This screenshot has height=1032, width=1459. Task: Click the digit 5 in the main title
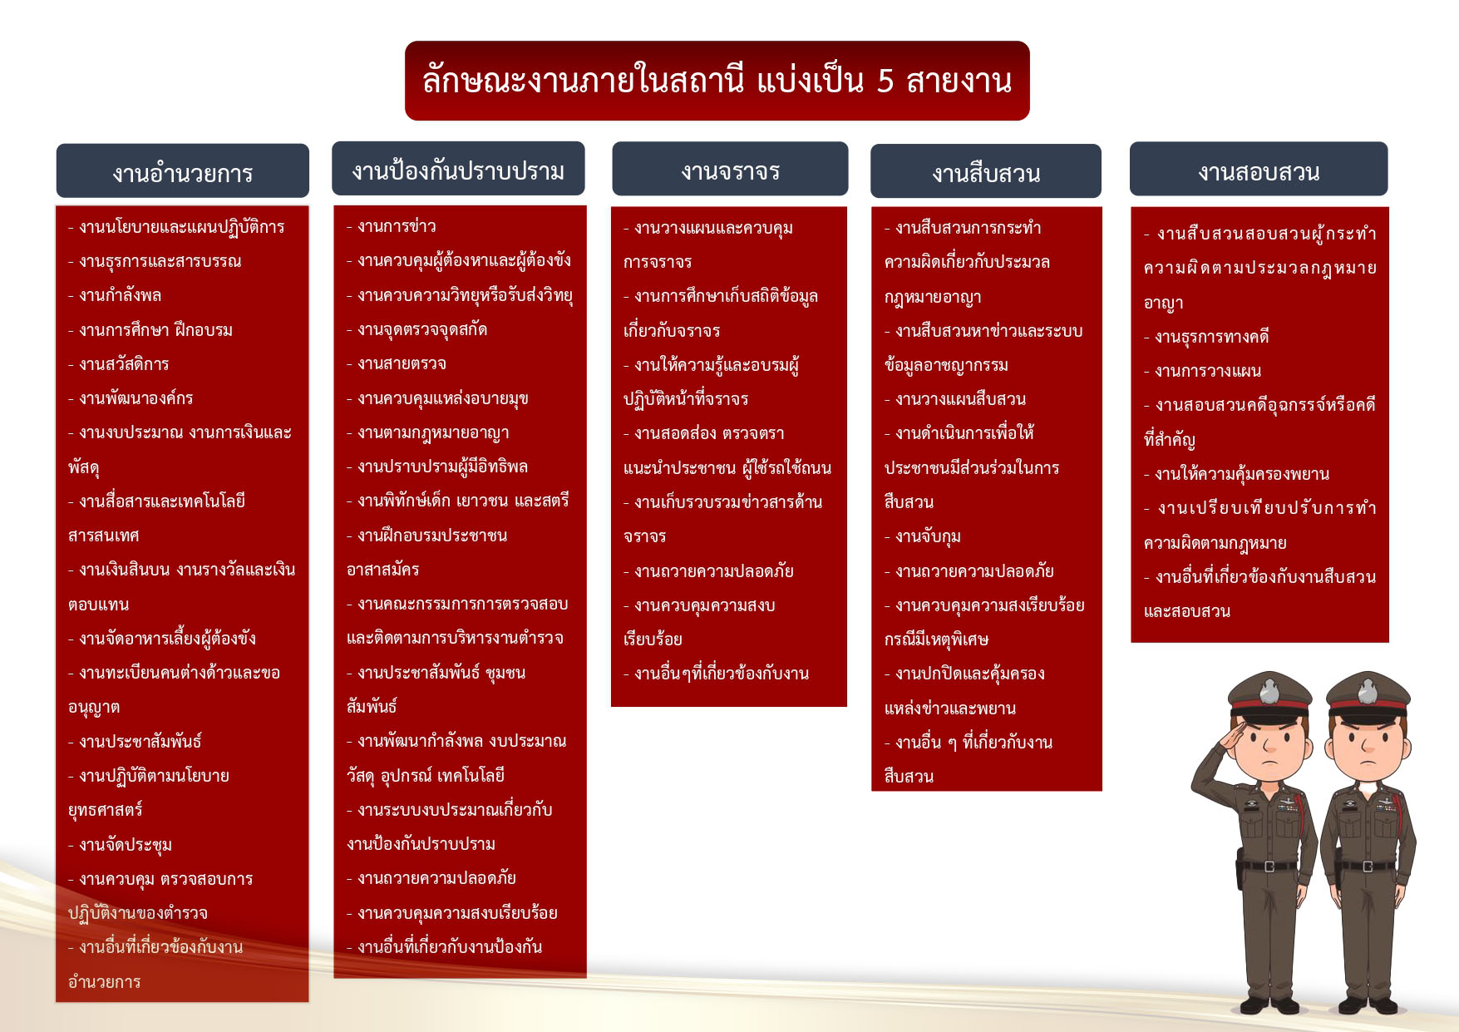tap(885, 81)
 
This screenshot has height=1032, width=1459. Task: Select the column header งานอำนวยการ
tap(183, 172)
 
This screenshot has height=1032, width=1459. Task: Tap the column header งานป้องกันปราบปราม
tap(458, 170)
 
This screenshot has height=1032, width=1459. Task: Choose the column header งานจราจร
tap(730, 170)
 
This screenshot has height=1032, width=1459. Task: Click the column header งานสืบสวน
tap(986, 172)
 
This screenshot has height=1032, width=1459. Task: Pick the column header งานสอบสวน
tap(1259, 170)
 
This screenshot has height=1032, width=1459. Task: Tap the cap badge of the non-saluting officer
tap(1368, 691)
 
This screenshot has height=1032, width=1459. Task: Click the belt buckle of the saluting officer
tap(1269, 867)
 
